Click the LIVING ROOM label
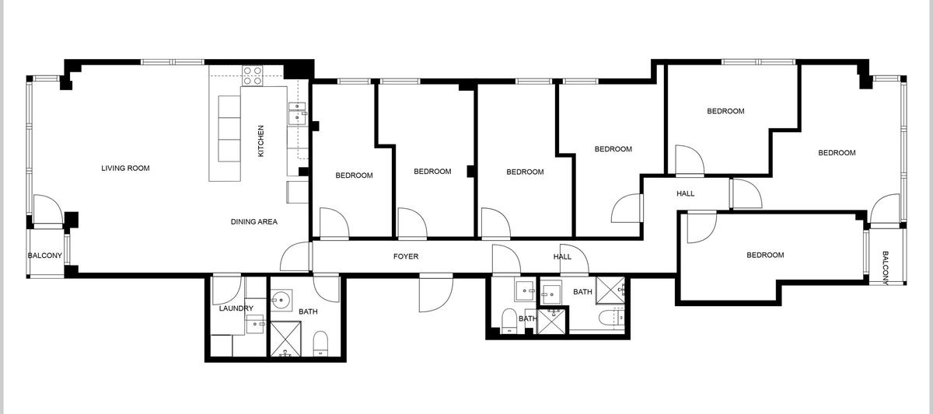125,168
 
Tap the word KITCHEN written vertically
260,141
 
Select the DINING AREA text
254,222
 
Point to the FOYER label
406,256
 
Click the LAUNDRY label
236,308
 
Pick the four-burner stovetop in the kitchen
253,75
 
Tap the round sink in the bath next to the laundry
281,300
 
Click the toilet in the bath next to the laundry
320,343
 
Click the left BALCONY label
45,256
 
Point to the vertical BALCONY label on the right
886,269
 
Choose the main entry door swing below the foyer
435,293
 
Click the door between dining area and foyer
296,256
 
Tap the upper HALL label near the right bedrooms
685,193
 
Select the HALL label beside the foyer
562,257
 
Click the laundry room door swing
227,290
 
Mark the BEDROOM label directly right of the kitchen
354,176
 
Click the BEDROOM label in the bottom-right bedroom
765,255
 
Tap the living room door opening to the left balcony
48,209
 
